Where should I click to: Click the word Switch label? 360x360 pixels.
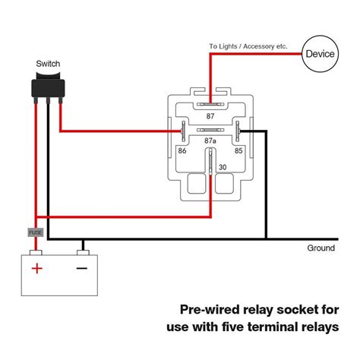tap(48, 64)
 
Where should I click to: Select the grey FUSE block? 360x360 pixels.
tap(35, 232)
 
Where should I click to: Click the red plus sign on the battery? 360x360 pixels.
tap(36, 268)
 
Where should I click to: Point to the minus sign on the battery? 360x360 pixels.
tap(82, 268)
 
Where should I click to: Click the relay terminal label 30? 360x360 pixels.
tap(223, 168)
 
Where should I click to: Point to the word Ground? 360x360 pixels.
tap(321, 248)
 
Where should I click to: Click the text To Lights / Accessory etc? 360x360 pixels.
tap(248, 46)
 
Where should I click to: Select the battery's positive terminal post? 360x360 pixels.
tap(36, 251)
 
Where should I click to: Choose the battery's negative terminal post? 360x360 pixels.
tap(82, 251)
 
